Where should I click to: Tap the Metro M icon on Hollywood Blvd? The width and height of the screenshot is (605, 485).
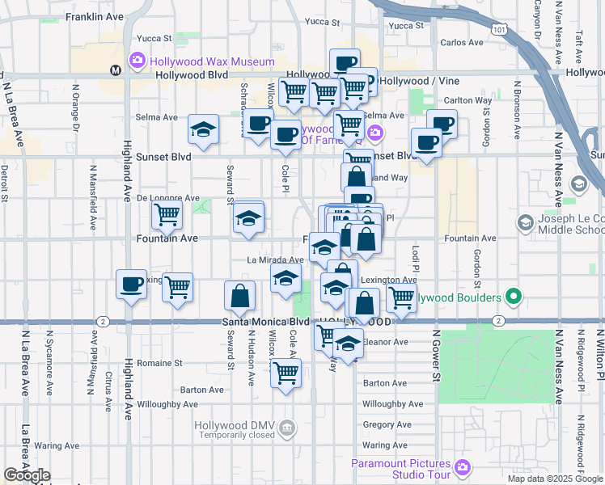point(116,70)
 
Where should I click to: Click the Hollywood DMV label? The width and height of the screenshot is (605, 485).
point(235,426)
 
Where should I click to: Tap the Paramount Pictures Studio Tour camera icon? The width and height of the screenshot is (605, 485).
point(462,467)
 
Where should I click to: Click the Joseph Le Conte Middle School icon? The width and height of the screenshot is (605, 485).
point(526,221)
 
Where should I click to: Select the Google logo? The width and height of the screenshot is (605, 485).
point(27,475)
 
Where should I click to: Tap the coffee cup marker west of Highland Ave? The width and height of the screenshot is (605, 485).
point(131,284)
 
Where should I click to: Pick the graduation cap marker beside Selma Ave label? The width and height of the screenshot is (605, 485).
point(203,129)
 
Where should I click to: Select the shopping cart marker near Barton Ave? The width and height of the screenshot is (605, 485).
point(286,373)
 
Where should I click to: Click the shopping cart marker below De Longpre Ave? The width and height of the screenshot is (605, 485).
point(167,215)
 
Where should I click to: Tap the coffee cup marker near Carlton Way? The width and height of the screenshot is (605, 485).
point(442,124)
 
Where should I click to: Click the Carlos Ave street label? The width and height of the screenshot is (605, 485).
point(461,42)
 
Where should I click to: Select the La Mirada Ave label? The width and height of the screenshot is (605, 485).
point(275,260)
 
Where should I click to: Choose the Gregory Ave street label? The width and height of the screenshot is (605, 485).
point(382,424)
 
